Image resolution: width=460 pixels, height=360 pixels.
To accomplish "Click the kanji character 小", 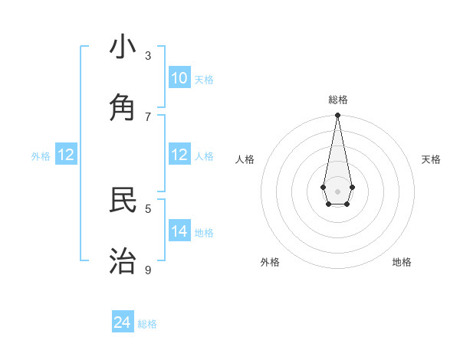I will click(x=123, y=47).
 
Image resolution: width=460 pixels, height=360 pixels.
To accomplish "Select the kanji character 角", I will click(x=123, y=108).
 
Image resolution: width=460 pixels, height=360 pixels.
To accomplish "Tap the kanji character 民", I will click(x=123, y=200).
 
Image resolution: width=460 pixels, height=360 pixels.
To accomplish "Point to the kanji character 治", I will click(x=123, y=261).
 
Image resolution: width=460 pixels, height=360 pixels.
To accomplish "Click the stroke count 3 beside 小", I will click(x=148, y=55).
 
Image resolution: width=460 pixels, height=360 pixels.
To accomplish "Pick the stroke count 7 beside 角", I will click(x=148, y=116).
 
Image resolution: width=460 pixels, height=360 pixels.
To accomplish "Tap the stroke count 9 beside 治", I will click(x=148, y=270).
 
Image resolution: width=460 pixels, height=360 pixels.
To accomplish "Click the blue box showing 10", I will click(x=179, y=78).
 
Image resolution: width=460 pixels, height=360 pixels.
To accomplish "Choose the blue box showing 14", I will click(x=179, y=231).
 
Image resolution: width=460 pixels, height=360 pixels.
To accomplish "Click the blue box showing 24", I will click(x=123, y=322).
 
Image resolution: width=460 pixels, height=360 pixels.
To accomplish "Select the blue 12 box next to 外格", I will click(x=66, y=155).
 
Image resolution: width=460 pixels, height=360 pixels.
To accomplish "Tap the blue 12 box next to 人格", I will click(x=179, y=155).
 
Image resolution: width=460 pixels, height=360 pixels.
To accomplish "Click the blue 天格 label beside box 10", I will click(x=204, y=80).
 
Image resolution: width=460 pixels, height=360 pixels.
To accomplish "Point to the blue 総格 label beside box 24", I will click(x=147, y=324).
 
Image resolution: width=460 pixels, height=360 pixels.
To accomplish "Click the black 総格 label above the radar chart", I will click(x=338, y=100).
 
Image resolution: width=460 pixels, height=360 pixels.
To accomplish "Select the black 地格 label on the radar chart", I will click(x=402, y=262).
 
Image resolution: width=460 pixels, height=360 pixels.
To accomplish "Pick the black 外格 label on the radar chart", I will click(x=270, y=262).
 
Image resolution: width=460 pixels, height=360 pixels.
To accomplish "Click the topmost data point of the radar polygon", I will click(x=337, y=115).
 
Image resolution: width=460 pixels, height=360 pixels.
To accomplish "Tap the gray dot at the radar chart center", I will click(x=337, y=191).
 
